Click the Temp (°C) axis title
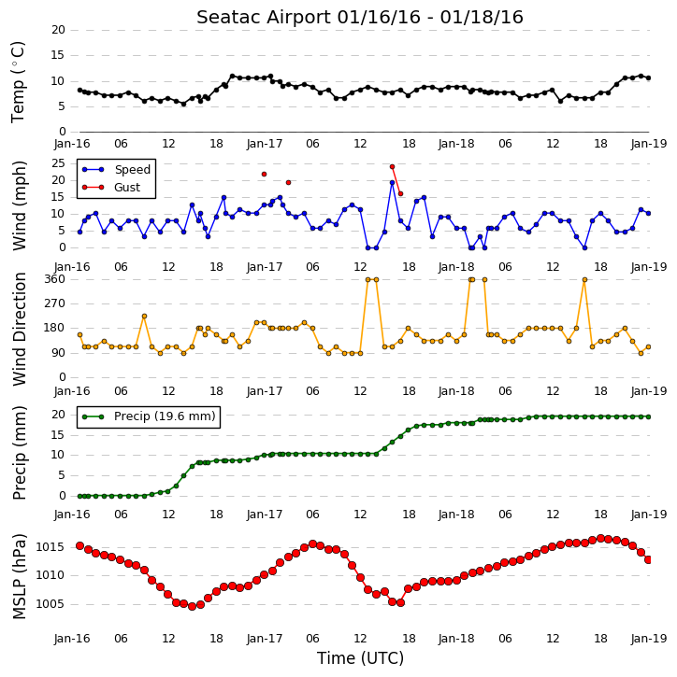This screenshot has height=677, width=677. point(18,82)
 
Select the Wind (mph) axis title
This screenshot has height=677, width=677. point(19,205)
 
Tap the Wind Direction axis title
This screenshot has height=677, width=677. point(19,329)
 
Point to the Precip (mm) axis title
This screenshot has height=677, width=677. point(19,453)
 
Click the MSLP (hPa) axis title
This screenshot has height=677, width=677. point(19,577)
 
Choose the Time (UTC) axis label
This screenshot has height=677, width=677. point(360,658)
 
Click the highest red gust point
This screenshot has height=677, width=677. point(392,166)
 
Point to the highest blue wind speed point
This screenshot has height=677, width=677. point(392,183)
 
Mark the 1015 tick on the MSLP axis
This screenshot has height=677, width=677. point(50,547)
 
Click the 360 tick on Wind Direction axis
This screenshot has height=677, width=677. point(54,279)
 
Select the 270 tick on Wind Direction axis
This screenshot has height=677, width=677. point(54,303)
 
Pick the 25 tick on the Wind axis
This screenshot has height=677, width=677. point(58,163)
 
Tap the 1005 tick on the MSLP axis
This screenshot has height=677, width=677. point(50,604)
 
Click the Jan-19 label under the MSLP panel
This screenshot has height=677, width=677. point(649,639)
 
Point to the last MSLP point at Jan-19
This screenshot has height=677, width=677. point(648,559)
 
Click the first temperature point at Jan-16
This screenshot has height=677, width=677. point(80,91)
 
